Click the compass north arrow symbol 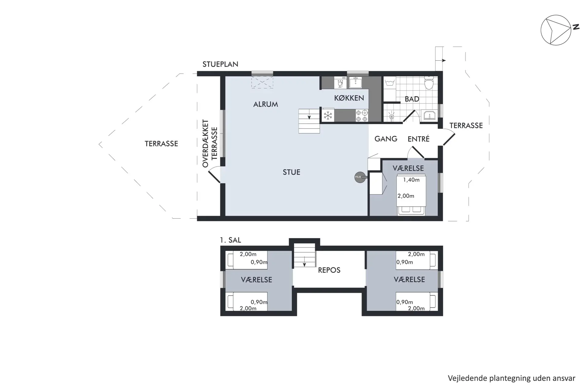556,30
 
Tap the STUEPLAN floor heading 220,64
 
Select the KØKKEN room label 349,98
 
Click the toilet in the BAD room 429,82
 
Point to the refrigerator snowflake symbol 328,115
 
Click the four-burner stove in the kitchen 362,115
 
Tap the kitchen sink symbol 356,82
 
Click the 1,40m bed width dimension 411,180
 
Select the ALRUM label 266,104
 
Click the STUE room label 291,172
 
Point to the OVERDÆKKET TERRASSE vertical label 210,143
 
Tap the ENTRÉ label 418,139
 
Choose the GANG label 386,139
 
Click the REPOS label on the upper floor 329,270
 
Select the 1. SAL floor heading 230,240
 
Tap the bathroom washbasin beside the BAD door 430,116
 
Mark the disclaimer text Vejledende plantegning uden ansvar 511,378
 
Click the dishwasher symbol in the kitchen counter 340,83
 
